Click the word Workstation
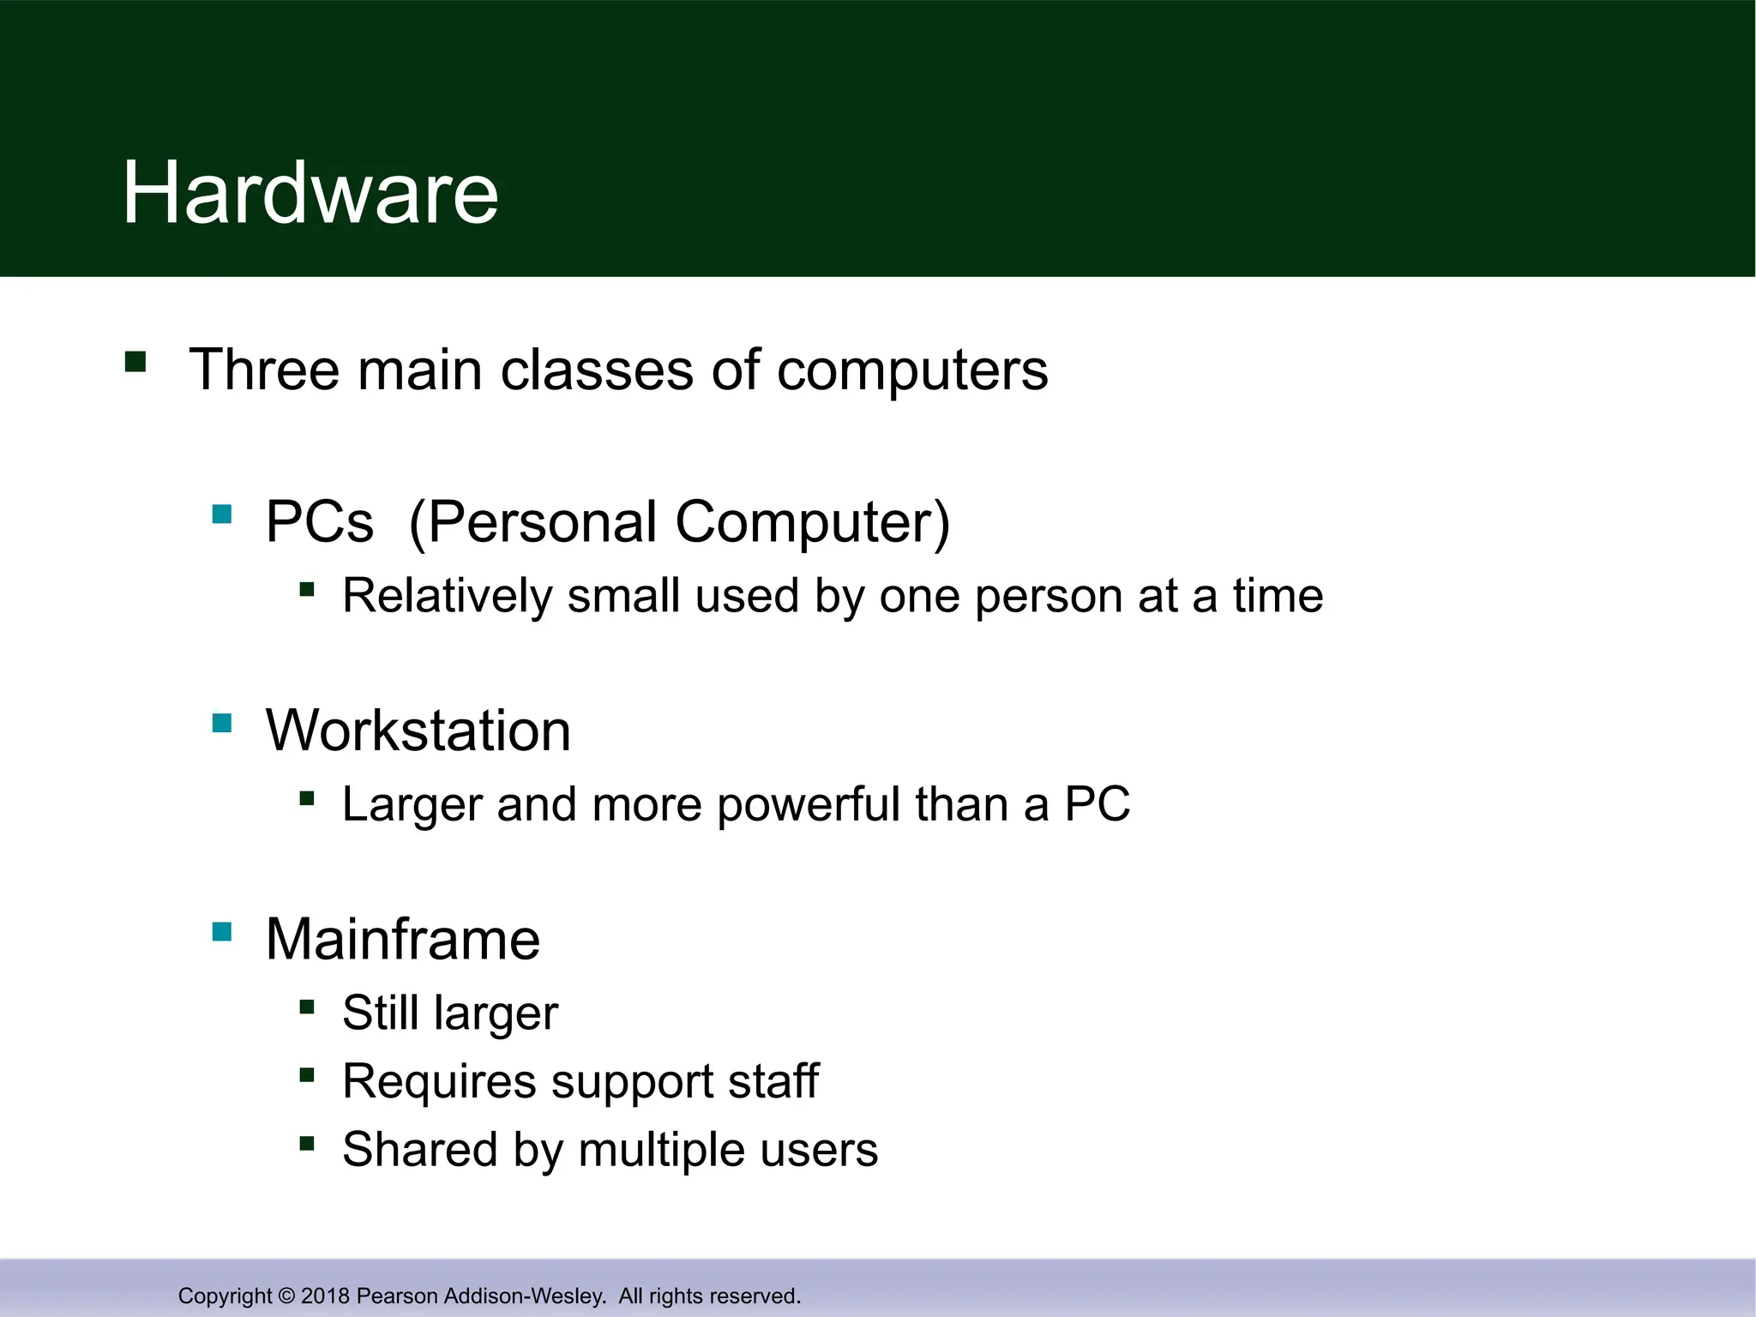tap(418, 731)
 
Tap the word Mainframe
tap(403, 939)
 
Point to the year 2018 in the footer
tap(325, 1296)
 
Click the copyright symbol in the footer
tap(286, 1296)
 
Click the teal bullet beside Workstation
tap(222, 724)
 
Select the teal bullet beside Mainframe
tap(222, 932)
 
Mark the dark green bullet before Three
tap(135, 361)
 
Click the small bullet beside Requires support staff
tap(307, 1074)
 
